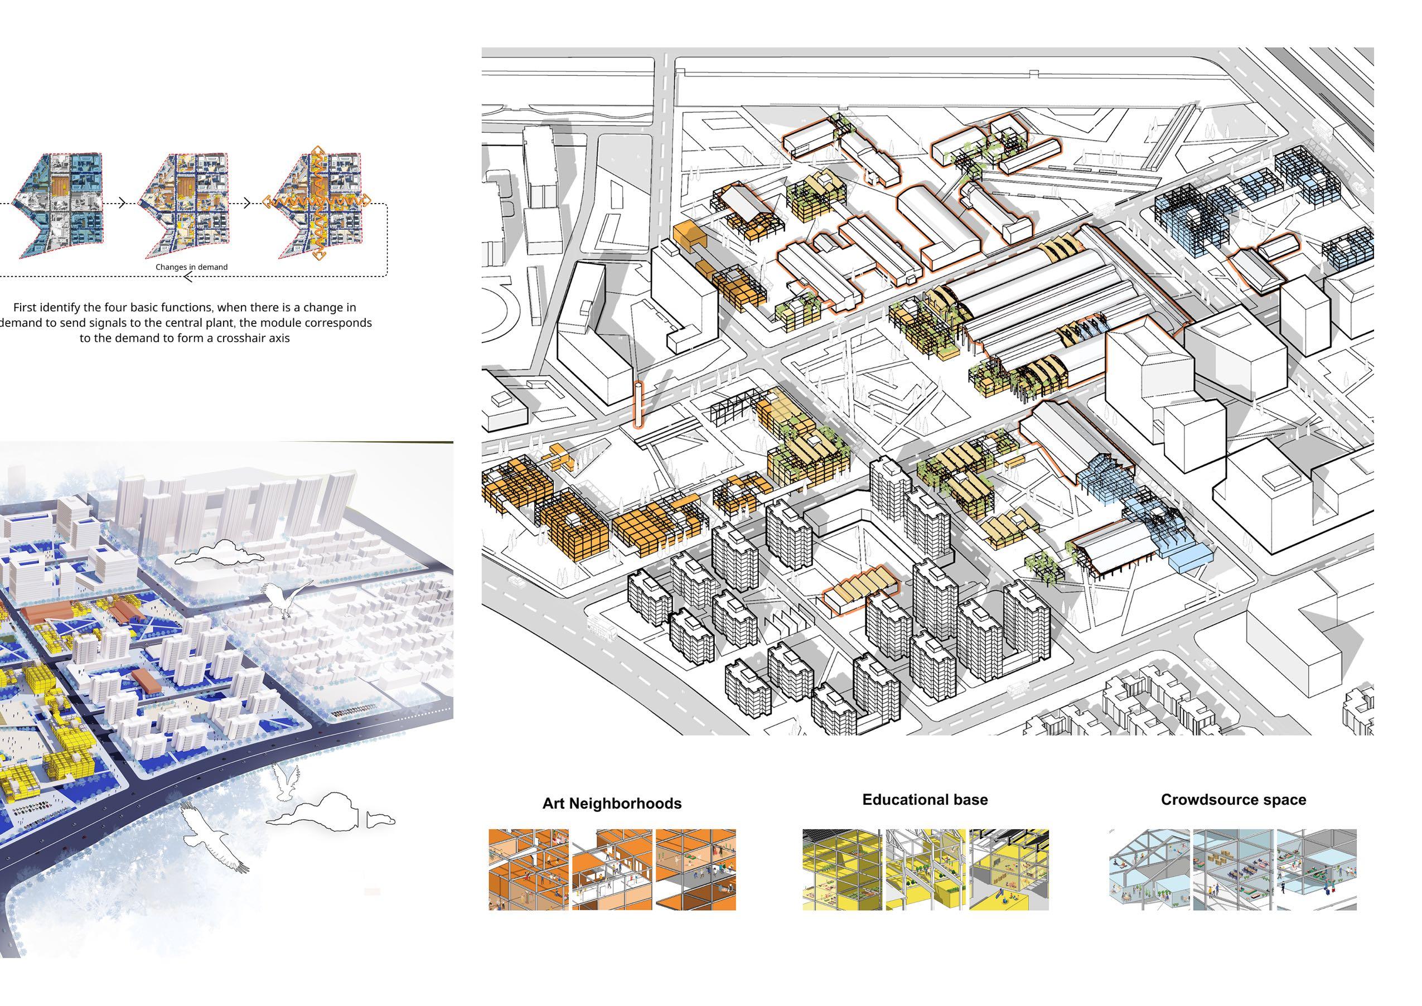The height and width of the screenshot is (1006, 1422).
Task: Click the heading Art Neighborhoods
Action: point(611,804)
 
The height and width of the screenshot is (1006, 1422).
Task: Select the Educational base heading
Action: point(925,800)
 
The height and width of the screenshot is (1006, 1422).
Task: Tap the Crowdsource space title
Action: point(1233,800)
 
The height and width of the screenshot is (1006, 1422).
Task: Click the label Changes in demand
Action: point(191,267)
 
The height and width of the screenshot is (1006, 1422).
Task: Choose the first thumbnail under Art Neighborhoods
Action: point(528,869)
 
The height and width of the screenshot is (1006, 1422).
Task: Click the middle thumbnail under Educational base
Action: point(925,869)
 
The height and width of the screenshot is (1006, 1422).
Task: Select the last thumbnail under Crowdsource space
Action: point(1317,869)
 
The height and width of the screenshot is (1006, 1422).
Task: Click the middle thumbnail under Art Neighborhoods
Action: point(611,869)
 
